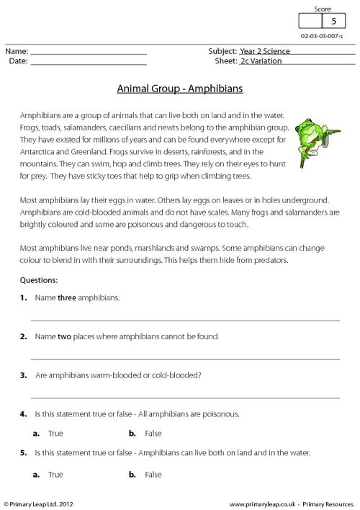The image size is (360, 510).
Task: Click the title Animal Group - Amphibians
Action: pyautogui.click(x=180, y=90)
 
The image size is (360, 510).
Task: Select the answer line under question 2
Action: pyautogui.click(x=184, y=356)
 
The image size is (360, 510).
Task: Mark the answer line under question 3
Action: pyautogui.click(x=184, y=395)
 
